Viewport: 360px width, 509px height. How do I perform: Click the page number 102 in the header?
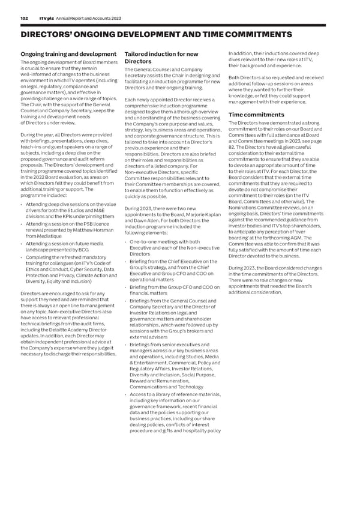tap(25, 19)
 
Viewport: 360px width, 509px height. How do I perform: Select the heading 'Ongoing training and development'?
tap(68, 55)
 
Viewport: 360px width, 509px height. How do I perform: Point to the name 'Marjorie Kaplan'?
tap(202, 215)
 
